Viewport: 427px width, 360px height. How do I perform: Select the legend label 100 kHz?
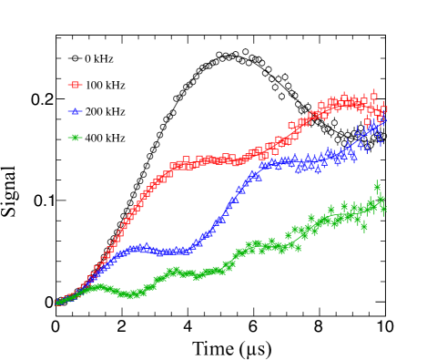click(x=106, y=85)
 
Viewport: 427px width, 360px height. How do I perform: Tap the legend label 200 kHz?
click(x=106, y=111)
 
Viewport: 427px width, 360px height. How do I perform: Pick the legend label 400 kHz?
click(x=106, y=138)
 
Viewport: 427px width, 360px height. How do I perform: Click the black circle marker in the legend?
click(x=76, y=58)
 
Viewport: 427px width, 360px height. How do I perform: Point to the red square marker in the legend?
click(x=76, y=85)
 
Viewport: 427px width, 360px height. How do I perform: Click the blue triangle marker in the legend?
click(x=76, y=111)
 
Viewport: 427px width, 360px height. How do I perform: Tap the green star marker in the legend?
click(x=76, y=138)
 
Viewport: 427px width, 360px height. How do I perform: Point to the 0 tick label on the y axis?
click(x=46, y=302)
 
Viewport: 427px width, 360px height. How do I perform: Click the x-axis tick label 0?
click(x=56, y=325)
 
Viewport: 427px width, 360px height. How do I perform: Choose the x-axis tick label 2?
click(x=121, y=325)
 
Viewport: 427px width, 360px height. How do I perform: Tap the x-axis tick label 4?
click(x=188, y=325)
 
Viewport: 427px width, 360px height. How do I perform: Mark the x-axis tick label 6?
click(x=253, y=325)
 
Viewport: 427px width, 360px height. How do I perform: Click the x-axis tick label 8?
click(x=319, y=325)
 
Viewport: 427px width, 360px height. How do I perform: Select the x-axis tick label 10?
click(x=383, y=325)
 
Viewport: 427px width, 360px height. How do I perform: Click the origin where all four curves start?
click(x=56, y=302)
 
